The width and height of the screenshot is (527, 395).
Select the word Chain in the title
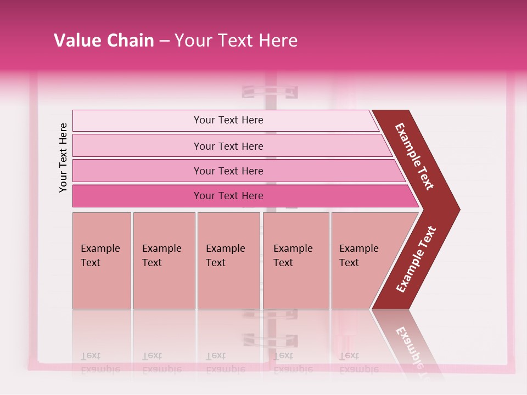point(129,41)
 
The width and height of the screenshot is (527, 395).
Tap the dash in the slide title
point(164,41)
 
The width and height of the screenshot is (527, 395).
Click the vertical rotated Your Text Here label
point(63,157)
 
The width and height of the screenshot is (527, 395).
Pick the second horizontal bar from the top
point(228,146)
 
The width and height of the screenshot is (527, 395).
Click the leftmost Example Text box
point(102,261)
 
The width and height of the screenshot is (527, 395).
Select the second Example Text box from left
point(164,261)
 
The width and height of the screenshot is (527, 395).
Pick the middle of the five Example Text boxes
point(228,261)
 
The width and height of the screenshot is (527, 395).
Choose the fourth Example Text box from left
point(296,261)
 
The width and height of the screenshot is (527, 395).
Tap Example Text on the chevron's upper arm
point(414,156)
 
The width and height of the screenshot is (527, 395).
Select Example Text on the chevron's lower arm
point(416,259)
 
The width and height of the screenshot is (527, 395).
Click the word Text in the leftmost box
point(91,263)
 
